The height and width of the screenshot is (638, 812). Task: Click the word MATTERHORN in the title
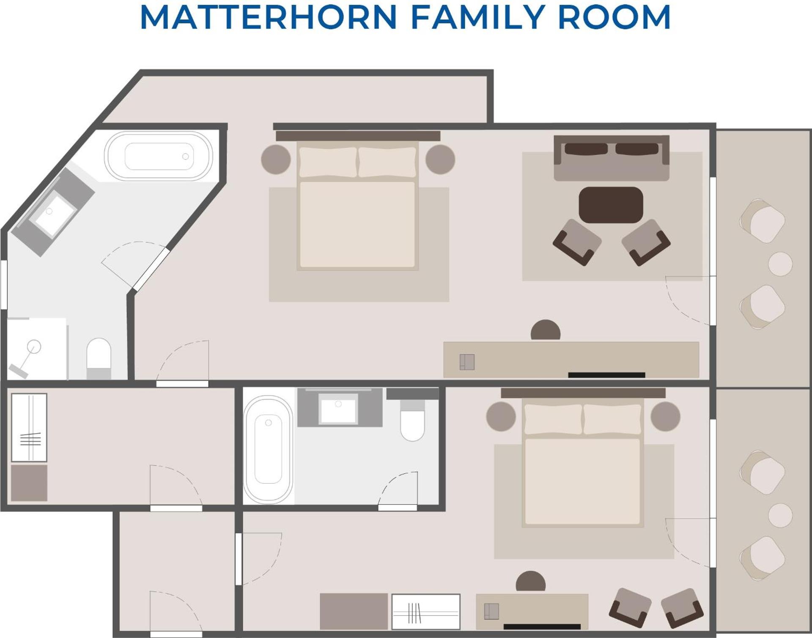pyautogui.click(x=269, y=17)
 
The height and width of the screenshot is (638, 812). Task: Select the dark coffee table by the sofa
pyautogui.click(x=611, y=205)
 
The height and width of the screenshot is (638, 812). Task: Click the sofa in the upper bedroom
pyautogui.click(x=612, y=158)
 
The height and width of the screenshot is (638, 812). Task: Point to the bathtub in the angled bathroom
pyautogui.click(x=159, y=156)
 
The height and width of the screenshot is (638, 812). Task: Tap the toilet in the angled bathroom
pyautogui.click(x=99, y=358)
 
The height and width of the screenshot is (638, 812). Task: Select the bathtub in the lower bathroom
pyautogui.click(x=268, y=450)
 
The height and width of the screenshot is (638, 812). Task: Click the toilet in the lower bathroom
pyautogui.click(x=412, y=421)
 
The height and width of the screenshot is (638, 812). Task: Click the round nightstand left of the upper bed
pyautogui.click(x=276, y=159)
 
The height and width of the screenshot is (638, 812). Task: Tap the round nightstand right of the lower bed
pyautogui.click(x=665, y=416)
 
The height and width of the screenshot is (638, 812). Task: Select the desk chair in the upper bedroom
pyautogui.click(x=546, y=330)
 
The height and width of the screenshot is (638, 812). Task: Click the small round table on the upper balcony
pyautogui.click(x=780, y=264)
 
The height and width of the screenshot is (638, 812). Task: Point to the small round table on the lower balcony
pyautogui.click(x=780, y=515)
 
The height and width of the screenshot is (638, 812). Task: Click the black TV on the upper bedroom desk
pyautogui.click(x=606, y=375)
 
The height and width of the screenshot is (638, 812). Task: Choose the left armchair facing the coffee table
pyautogui.click(x=577, y=242)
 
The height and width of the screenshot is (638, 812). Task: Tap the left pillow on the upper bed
pyautogui.click(x=328, y=162)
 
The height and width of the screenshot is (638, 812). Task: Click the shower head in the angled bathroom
pyautogui.click(x=34, y=347)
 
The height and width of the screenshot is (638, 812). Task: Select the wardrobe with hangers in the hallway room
pyautogui.click(x=29, y=427)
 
